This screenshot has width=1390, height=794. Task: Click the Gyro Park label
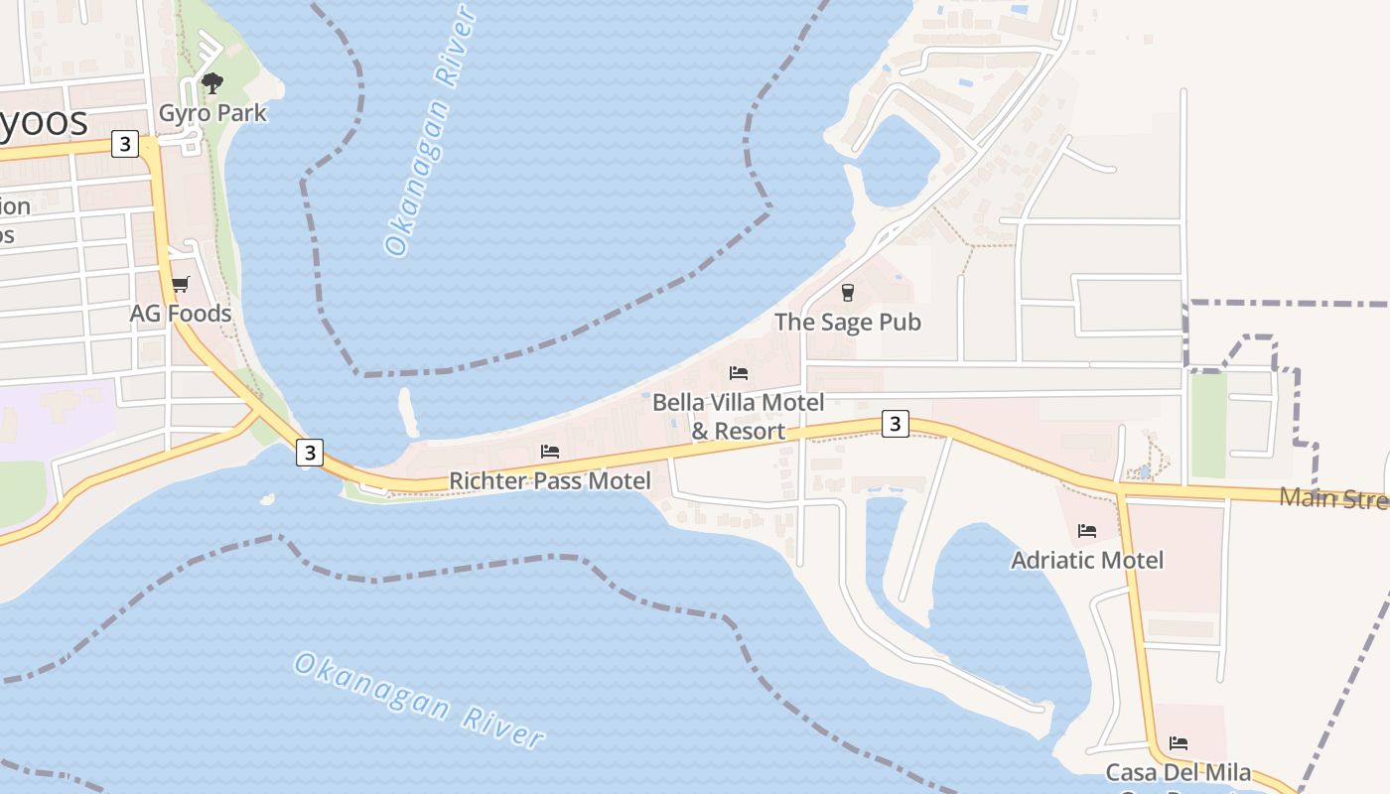[212, 113]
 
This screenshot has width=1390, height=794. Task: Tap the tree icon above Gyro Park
[212, 83]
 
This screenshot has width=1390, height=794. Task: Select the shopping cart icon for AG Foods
[180, 285]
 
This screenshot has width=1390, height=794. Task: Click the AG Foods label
[181, 314]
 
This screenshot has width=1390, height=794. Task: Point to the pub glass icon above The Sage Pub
[848, 292]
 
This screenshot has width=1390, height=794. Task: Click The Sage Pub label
[848, 323]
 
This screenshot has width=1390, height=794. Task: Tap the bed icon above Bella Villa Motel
[739, 373]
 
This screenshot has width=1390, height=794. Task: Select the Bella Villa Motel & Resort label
[739, 417]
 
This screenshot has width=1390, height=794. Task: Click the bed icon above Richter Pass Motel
[550, 452]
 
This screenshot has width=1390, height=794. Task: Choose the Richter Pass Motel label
[550, 481]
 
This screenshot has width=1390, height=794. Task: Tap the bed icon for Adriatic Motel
[1087, 531]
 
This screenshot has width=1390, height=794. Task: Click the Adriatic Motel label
[1087, 561]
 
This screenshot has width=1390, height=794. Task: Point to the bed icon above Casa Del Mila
[1179, 742]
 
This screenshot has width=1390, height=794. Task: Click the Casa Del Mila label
[1179, 773]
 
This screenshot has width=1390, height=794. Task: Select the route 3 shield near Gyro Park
[124, 144]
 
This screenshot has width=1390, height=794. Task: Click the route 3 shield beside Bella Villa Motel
[896, 424]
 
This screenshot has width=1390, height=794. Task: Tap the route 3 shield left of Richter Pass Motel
[310, 453]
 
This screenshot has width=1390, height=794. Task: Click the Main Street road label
[1333, 498]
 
